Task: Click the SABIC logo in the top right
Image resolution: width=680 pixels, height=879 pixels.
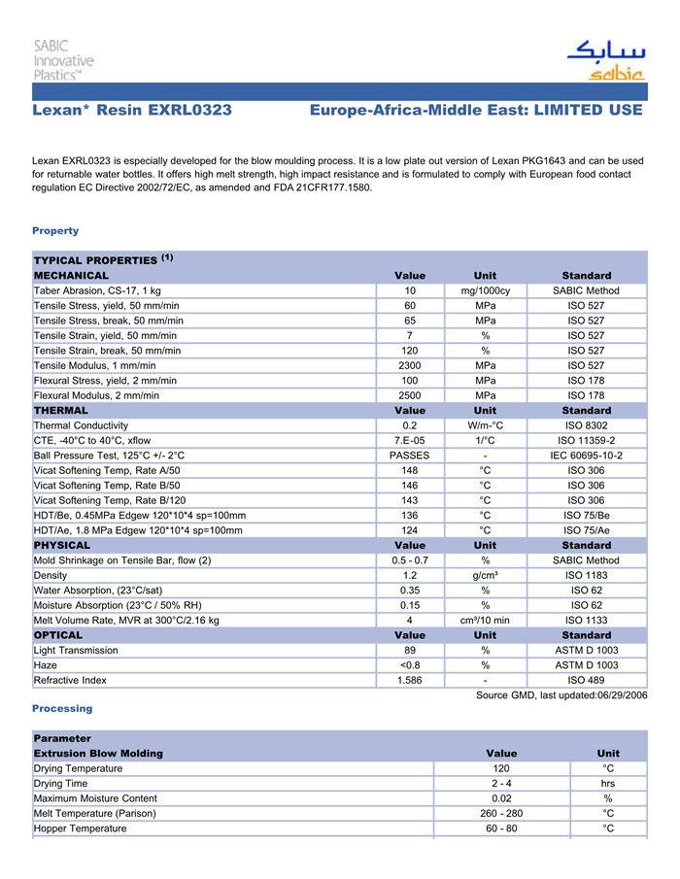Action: click(605, 60)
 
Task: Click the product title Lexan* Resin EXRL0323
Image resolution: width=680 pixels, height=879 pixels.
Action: click(132, 111)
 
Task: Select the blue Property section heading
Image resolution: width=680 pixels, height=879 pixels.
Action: click(55, 231)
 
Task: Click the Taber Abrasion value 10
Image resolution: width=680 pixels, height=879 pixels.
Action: click(410, 290)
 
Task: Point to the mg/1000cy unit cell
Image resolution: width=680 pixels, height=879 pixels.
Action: click(485, 290)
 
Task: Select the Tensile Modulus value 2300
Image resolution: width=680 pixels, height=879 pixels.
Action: click(410, 365)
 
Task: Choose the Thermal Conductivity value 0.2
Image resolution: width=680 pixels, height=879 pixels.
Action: click(410, 425)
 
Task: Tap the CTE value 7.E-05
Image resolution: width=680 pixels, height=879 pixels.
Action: click(410, 440)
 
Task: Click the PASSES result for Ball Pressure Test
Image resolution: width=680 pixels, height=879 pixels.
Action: click(410, 456)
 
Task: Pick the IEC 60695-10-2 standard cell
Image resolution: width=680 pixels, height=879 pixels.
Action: click(586, 456)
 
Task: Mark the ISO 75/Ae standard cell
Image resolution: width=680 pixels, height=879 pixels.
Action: click(586, 530)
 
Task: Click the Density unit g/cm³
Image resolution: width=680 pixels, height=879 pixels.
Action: click(485, 575)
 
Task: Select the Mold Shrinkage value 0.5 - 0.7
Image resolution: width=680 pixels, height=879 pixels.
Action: click(410, 560)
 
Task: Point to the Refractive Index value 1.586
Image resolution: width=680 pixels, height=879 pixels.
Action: click(410, 680)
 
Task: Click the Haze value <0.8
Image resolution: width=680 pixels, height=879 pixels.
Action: click(410, 665)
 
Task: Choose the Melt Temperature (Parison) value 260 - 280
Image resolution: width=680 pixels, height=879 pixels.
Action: click(501, 813)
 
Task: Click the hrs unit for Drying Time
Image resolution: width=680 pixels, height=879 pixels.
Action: click(608, 783)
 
